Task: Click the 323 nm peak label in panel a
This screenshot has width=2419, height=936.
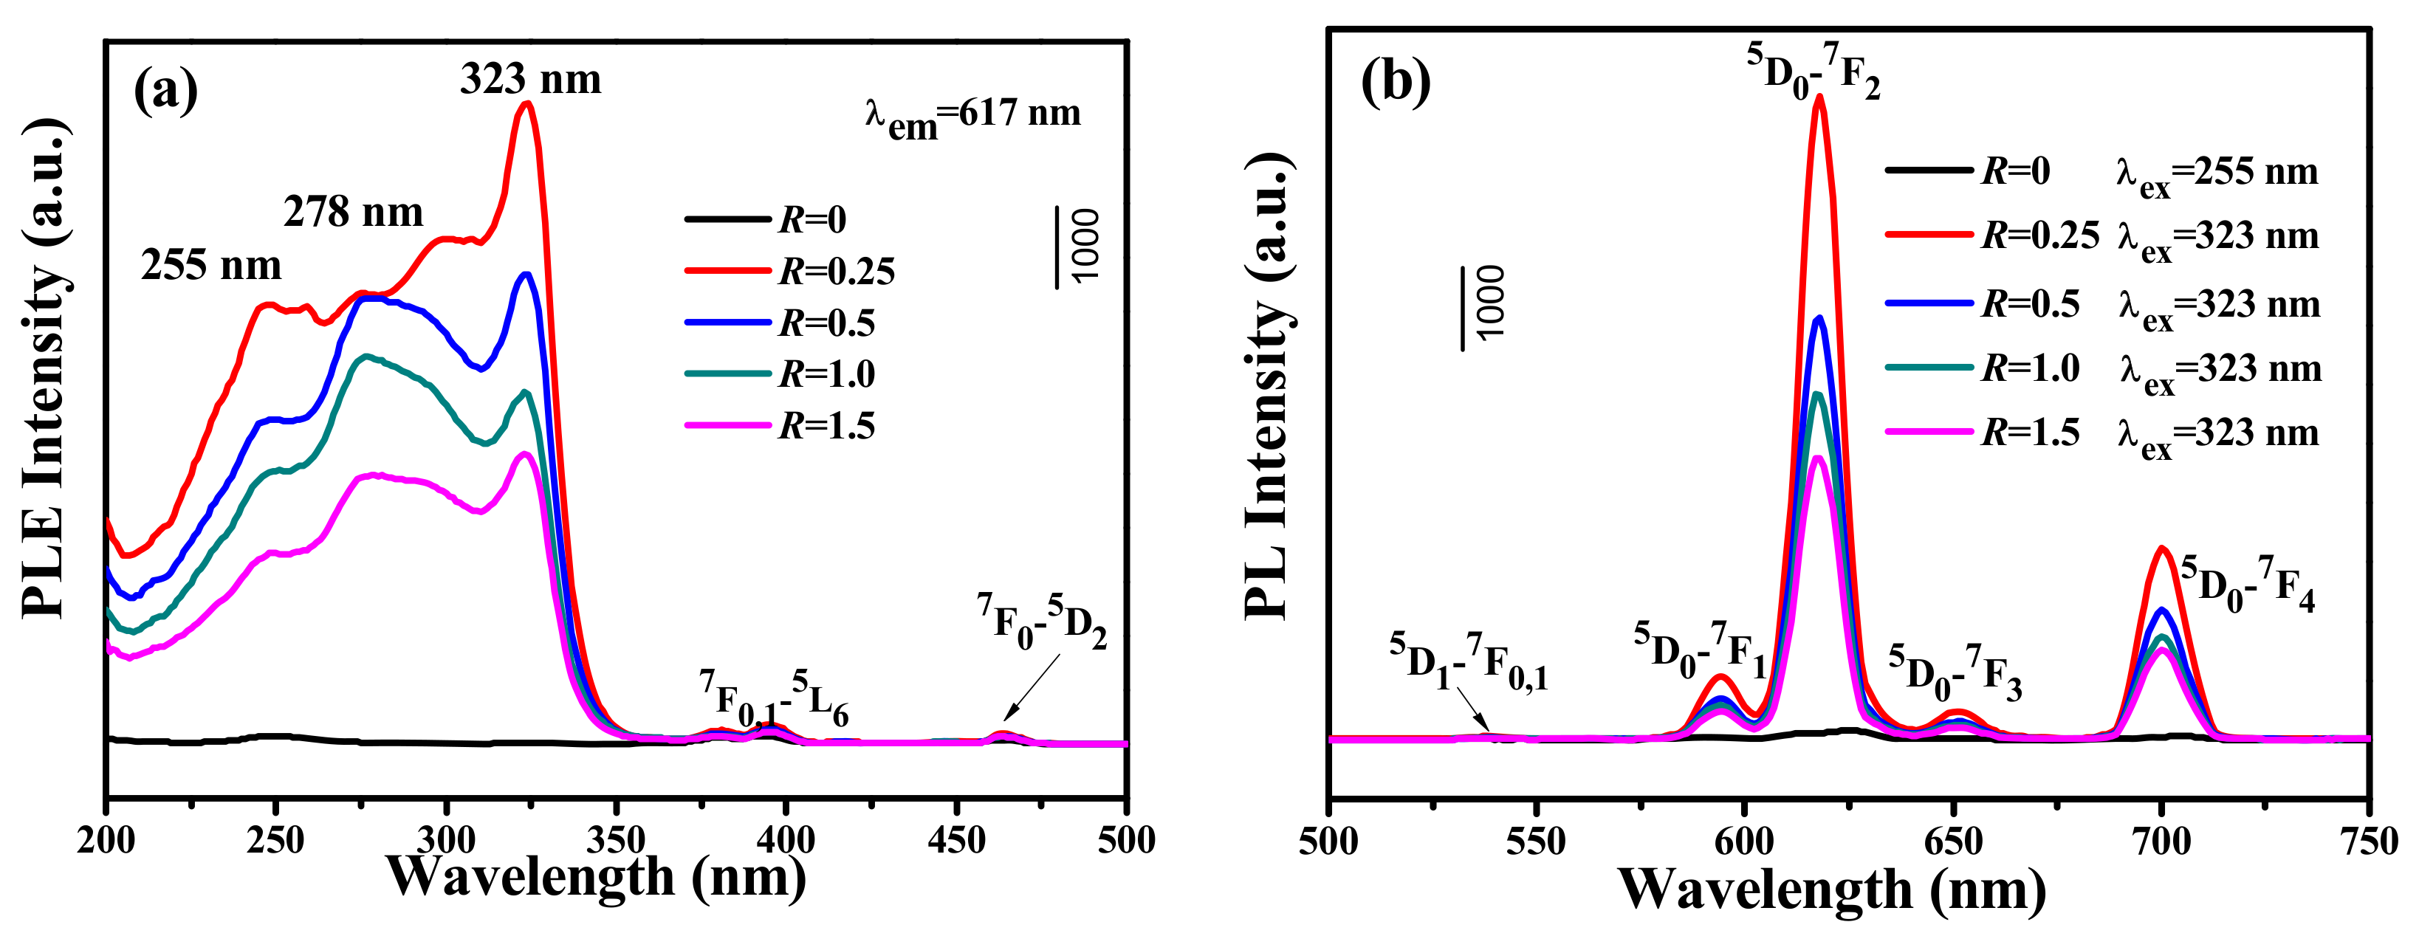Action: tap(531, 80)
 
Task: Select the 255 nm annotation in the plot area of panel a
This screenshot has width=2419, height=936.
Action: tap(211, 266)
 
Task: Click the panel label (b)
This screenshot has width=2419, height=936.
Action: tap(1396, 83)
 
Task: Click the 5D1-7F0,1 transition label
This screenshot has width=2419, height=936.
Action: tap(1468, 663)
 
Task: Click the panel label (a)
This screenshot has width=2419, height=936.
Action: tap(166, 91)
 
